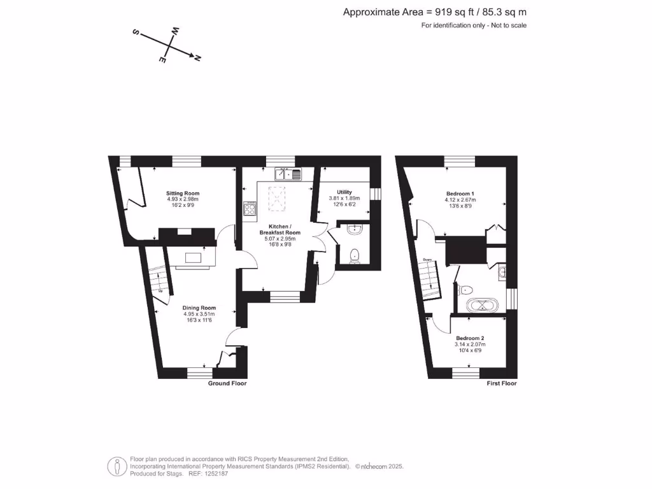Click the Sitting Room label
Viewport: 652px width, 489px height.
(183, 193)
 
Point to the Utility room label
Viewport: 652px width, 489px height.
(344, 192)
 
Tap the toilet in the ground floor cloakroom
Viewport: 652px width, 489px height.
(355, 255)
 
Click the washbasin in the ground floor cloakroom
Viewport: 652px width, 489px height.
(355, 230)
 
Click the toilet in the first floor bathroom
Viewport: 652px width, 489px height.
(464, 288)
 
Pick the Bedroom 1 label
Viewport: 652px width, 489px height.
(460, 194)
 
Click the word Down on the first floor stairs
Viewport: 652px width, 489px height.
(427, 259)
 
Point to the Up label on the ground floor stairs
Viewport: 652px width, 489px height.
(160, 292)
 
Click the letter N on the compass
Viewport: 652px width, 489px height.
(197, 59)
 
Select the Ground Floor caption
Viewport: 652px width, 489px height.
(227, 383)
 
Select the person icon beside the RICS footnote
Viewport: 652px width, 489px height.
(117, 466)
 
